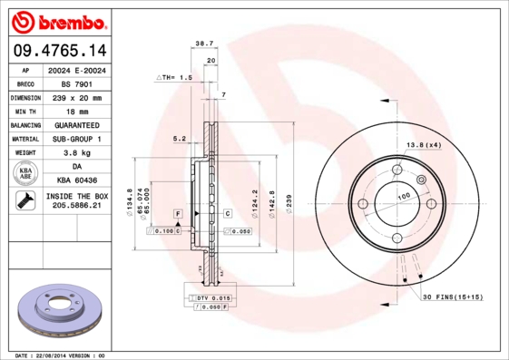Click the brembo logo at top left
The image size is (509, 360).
pos(57,20)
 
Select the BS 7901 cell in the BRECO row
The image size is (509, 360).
pos(76,83)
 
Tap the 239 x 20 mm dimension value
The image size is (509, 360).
pos(76,97)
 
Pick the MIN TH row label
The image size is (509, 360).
pos(24,111)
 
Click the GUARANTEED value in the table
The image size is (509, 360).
pos(76,124)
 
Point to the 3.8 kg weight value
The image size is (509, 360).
pos(76,152)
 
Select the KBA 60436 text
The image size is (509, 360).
pos(76,181)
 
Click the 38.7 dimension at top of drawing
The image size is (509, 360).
pos(204,43)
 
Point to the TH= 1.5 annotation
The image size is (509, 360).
pos(175,79)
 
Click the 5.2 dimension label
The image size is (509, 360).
pos(179,139)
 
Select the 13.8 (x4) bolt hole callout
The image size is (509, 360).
pos(422,145)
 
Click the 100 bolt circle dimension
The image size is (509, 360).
pos(403,195)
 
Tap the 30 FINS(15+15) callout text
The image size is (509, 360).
pos(454,297)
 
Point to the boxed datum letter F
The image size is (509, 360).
pos(179,213)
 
